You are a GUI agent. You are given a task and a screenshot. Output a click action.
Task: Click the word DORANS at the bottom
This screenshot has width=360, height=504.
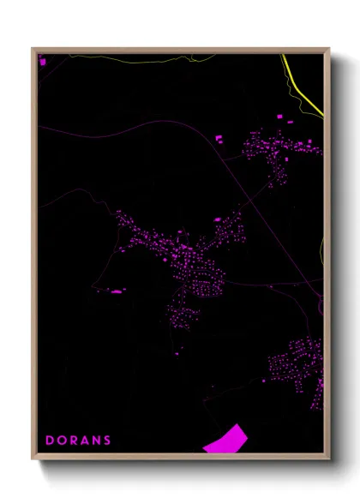pyautogui.click(x=78, y=441)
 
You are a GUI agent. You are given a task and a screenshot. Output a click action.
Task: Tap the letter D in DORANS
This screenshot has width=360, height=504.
pyautogui.click(x=50, y=441)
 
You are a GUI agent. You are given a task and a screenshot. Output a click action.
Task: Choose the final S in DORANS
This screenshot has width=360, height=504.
pyautogui.click(x=107, y=441)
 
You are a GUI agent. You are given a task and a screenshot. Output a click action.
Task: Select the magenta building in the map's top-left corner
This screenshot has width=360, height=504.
pyautogui.click(x=41, y=61)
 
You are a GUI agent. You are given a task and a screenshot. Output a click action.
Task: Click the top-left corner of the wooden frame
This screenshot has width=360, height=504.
pyautogui.click(x=33, y=49)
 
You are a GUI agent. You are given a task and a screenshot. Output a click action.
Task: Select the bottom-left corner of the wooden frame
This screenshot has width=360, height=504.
pyautogui.click(x=33, y=459)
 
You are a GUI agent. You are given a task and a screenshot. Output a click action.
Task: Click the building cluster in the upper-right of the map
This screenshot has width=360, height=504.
pyautogui.click(x=279, y=150)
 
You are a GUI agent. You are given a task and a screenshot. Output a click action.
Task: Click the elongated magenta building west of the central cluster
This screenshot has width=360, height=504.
pyautogui.click(x=117, y=291)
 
